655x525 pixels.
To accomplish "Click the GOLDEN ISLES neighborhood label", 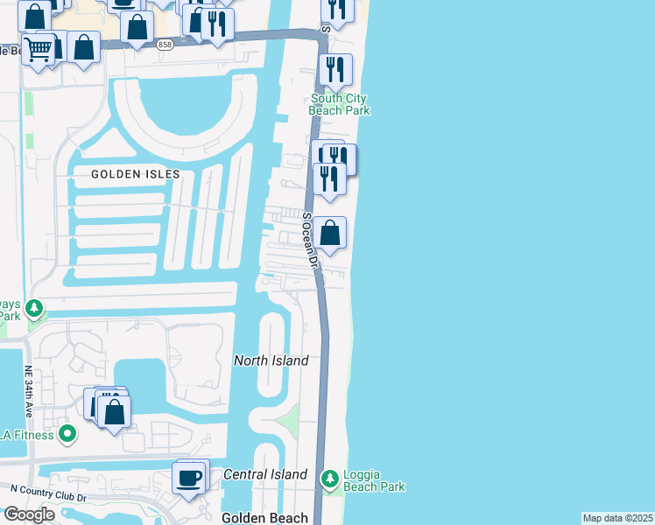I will (136, 174).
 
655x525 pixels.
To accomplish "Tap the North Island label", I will (271, 360).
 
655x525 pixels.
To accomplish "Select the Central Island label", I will (264, 474).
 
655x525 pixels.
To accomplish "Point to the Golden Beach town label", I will (264, 518).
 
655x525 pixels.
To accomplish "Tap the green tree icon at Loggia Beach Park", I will (329, 479).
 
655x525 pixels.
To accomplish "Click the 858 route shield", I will (165, 45).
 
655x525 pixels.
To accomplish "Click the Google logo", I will (28, 514).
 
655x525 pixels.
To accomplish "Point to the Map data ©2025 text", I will (617, 518).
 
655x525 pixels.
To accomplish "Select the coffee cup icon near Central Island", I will (189, 479).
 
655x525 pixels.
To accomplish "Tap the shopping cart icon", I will (38, 49).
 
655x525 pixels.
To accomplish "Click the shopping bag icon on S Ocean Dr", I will (330, 234).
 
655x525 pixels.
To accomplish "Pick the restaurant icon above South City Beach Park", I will (335, 70).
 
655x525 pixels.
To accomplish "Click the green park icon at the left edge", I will (33, 308).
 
